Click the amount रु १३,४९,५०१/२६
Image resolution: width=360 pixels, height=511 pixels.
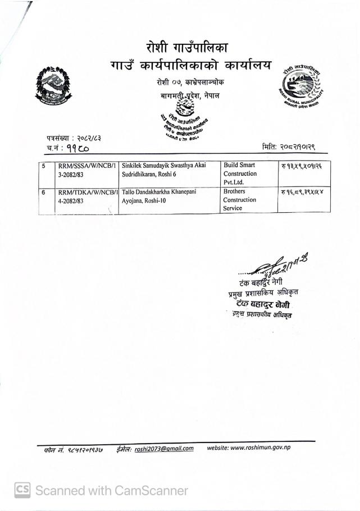(305, 166)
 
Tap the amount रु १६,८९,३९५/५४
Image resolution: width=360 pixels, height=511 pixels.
(305, 192)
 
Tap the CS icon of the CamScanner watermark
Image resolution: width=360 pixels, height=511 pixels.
(22, 490)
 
